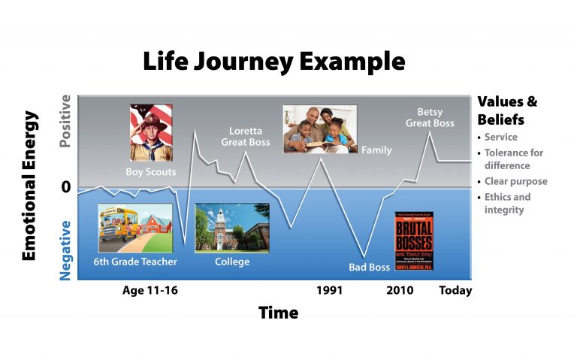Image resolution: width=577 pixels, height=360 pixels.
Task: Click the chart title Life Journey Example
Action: (x=274, y=61)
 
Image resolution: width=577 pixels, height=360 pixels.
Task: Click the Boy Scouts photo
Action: (x=150, y=132)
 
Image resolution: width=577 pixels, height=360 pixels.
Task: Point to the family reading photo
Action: (x=319, y=129)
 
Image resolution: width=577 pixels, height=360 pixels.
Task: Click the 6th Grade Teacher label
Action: (x=135, y=262)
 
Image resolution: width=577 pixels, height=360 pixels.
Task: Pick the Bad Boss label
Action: (x=369, y=267)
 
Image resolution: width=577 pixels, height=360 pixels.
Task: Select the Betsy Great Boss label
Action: (x=430, y=116)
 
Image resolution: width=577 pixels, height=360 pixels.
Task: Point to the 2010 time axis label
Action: (x=400, y=290)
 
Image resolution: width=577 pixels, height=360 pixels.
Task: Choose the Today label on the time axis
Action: (x=455, y=290)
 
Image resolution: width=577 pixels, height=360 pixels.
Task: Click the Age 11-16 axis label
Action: (x=150, y=290)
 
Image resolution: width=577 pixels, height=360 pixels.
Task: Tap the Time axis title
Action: (x=278, y=313)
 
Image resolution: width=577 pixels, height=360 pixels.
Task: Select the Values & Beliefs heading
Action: (x=507, y=110)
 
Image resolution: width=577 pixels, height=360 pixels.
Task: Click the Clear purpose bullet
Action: (x=515, y=181)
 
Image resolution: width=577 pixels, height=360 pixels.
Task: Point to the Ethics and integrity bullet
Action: (x=507, y=203)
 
